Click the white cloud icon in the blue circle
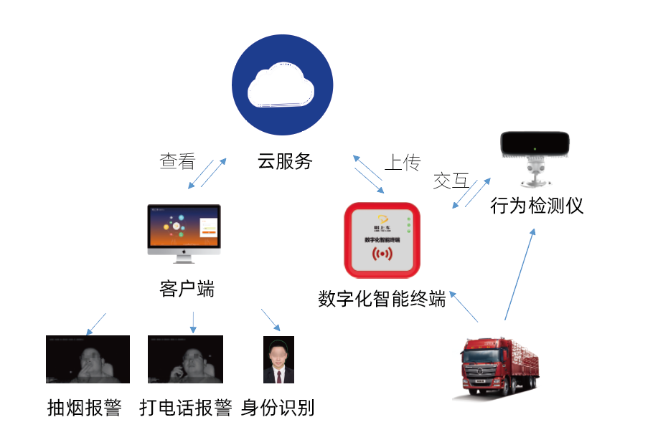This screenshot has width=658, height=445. tap(281, 86)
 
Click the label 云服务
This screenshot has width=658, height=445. tap(285, 161)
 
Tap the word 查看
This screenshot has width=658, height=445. tap(177, 161)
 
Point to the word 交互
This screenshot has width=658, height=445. tap(450, 181)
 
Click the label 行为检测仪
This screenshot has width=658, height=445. tap(537, 206)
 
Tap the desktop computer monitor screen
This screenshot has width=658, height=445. tap(184, 226)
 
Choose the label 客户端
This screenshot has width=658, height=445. tap(187, 289)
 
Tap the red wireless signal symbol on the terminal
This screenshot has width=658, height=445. tap(382, 255)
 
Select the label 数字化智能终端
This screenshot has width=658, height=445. tap(382, 298)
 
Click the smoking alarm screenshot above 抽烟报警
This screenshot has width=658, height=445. tap(88, 359)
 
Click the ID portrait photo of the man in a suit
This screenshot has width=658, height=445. tap(278, 360)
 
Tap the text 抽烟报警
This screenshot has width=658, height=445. tap(84, 408)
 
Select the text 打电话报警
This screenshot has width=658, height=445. tap(186, 408)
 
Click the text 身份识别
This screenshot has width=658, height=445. tap(278, 408)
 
